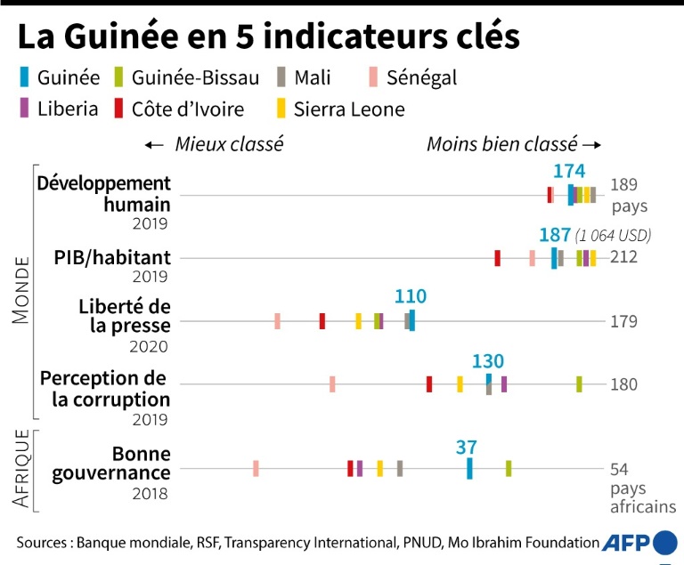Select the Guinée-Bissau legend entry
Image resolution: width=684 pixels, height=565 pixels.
186,77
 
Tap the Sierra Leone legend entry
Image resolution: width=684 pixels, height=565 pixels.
339,109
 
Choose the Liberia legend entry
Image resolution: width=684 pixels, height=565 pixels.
61,109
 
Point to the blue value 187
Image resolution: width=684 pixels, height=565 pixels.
555,235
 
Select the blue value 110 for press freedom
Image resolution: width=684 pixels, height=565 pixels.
411,297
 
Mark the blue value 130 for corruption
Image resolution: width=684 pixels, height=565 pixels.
488,361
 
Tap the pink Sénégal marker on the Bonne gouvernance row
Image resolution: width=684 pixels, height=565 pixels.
256,468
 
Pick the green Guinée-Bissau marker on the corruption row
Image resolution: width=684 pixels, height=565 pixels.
579,383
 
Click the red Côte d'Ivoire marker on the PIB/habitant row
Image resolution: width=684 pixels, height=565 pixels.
497,258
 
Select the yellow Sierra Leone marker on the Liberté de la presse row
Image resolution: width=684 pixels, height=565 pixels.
358,321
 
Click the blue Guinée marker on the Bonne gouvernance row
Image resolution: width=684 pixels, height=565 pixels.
469,468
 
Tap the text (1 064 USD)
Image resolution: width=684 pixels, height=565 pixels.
614,236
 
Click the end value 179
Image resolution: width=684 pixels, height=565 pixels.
623,321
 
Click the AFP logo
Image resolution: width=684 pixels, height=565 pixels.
639,542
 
